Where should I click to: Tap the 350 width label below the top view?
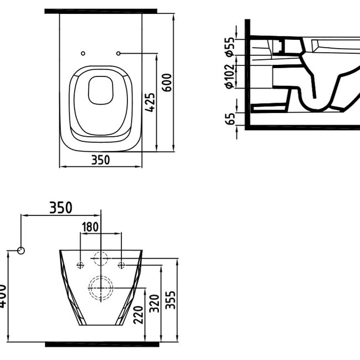click(x=100, y=160)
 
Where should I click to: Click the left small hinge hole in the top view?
click(x=83, y=53)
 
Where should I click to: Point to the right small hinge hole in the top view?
click(x=119, y=53)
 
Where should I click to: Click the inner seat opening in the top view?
click(x=100, y=90)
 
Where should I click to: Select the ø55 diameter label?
click(x=228, y=48)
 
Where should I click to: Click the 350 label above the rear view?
click(x=61, y=208)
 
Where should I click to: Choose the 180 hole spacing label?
click(x=91, y=227)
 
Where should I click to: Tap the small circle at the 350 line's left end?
click(x=21, y=250)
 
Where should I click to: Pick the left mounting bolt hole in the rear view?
click(x=81, y=264)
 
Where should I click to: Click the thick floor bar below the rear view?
click(x=100, y=344)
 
